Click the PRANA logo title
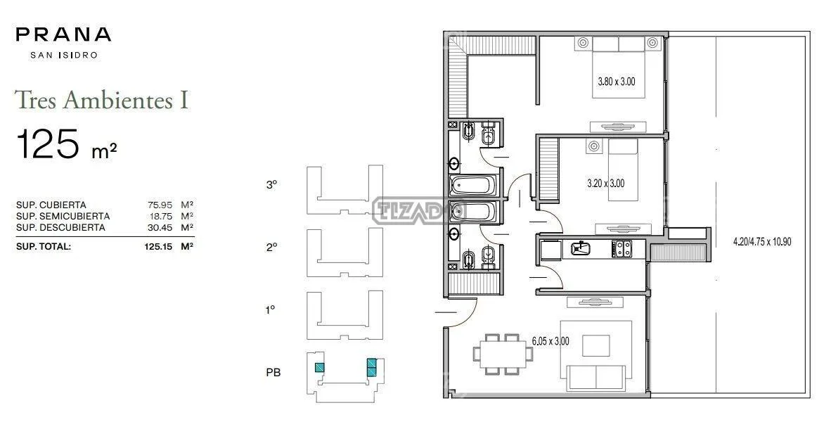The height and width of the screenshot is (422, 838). (x=63, y=34)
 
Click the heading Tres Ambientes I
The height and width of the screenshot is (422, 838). (x=102, y=100)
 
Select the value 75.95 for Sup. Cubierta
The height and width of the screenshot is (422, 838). (x=160, y=205)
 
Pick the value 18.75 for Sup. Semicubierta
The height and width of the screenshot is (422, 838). (x=160, y=216)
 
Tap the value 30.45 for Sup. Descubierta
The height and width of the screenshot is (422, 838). (x=160, y=227)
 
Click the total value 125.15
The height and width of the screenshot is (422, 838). (x=158, y=247)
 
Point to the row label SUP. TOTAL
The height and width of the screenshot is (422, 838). (x=44, y=247)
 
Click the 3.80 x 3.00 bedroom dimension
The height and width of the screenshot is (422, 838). (x=617, y=82)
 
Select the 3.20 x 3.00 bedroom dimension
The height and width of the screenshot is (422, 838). (x=605, y=183)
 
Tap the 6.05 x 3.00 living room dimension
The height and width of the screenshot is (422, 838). (x=550, y=340)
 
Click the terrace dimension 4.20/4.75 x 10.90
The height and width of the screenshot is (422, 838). (x=762, y=241)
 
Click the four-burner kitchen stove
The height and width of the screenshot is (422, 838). (x=621, y=248)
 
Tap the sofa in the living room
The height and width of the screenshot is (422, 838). (x=596, y=378)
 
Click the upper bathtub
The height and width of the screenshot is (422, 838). (x=474, y=186)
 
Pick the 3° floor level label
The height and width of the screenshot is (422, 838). (x=271, y=185)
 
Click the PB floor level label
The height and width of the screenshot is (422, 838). (x=273, y=372)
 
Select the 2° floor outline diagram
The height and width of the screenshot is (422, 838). (x=344, y=252)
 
